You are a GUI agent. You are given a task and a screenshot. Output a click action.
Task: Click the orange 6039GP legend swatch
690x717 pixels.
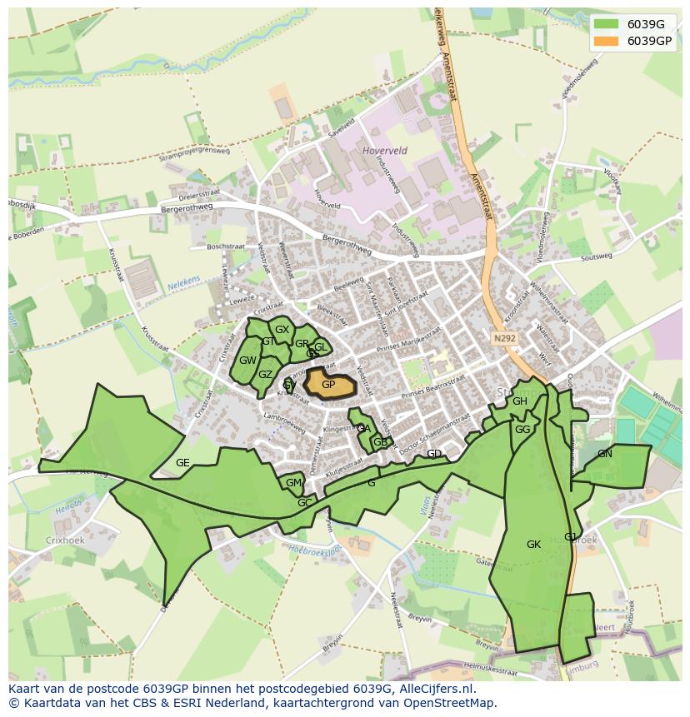pos(607,41)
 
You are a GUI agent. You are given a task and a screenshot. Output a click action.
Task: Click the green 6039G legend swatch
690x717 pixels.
pos(607,24)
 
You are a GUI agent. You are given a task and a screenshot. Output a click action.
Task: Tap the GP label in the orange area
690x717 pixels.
pos(328,385)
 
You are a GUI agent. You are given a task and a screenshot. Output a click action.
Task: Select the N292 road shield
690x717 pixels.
pos(503,338)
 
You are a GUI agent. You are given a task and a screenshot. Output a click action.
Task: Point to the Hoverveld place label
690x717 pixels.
pos(384,151)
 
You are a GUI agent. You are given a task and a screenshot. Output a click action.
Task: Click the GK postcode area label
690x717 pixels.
pos(534,545)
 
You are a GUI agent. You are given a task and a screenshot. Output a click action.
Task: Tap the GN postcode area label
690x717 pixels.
pos(605,454)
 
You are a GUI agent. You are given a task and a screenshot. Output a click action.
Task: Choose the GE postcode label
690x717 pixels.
pos(182,463)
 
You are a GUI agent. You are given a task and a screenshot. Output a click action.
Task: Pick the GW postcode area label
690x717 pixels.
pos(247,361)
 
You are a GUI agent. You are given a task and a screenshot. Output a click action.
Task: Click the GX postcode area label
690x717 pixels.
pos(282,330)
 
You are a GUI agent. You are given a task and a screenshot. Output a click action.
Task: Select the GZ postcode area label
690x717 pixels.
pos(265,375)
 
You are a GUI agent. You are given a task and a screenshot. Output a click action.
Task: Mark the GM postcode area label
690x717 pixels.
pos(293,483)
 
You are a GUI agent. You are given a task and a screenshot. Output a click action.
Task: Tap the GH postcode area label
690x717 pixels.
pos(520,401)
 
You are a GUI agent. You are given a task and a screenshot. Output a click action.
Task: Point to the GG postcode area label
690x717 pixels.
pos(522,430)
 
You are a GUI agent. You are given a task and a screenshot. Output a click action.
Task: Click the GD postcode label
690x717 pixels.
pos(434,454)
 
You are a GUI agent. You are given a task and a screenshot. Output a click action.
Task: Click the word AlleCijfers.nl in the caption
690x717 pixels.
pos(434,689)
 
